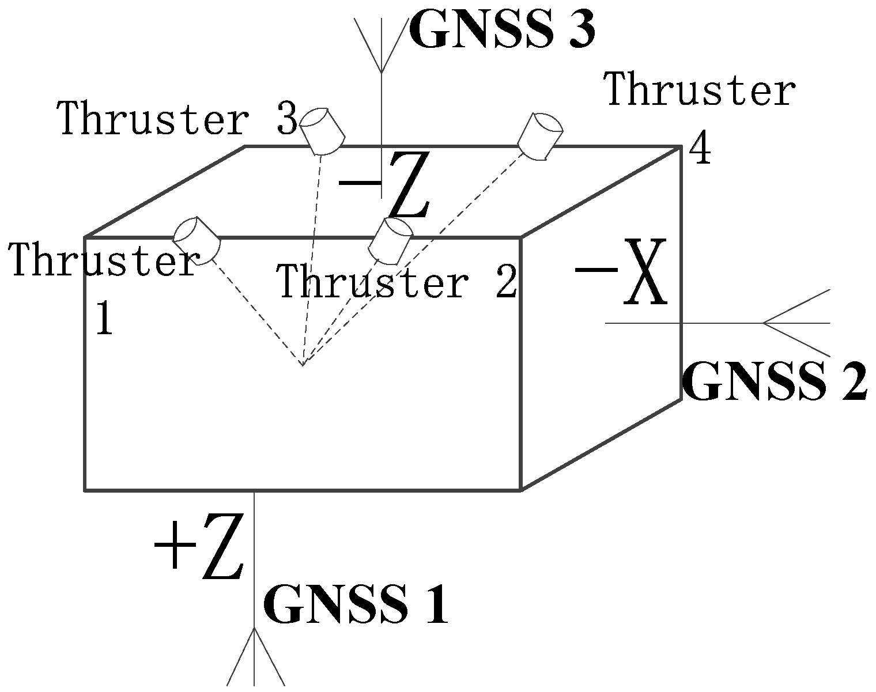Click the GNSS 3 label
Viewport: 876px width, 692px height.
pos(501,30)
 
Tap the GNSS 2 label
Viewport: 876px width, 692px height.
pos(774,382)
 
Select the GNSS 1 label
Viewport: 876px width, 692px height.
pos(356,605)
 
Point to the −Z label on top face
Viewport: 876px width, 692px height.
pos(384,186)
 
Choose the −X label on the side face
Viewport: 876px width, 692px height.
pos(621,272)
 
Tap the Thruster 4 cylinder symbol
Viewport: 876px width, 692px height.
pos(539,137)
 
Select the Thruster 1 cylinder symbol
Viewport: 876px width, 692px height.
pos(197,240)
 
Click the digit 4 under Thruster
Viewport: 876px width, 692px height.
pos(700,151)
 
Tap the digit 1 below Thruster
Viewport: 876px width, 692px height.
pos(104,318)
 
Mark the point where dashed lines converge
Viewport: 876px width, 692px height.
pos(302,365)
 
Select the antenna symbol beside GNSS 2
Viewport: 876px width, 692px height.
pos(795,323)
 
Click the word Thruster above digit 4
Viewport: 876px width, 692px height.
pos(700,89)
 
